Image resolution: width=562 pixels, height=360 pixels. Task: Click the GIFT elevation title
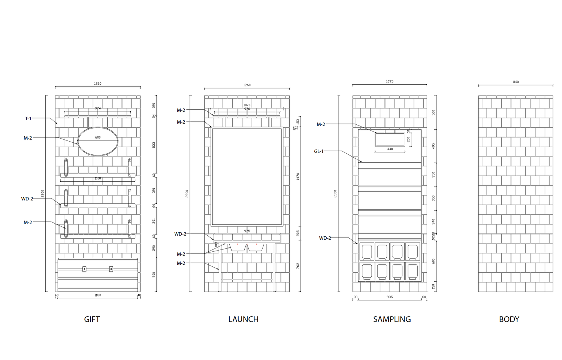[92, 319]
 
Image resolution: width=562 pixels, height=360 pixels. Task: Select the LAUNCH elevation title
[243, 319]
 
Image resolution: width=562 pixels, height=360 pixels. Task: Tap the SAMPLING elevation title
[392, 319]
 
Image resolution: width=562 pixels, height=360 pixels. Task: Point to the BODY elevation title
[509, 319]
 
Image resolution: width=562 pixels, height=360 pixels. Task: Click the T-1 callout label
[28, 118]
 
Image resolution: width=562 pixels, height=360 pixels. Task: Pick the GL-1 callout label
[318, 151]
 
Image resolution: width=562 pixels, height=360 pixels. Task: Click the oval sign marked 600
[98, 141]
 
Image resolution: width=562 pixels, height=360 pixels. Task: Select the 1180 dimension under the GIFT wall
[97, 295]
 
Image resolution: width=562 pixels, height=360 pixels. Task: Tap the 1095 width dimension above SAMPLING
[390, 81]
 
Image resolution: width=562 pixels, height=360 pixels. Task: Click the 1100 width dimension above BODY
[516, 82]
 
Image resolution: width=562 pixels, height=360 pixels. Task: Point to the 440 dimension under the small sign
[390, 149]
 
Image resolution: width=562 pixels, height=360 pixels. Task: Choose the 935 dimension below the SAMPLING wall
[390, 297]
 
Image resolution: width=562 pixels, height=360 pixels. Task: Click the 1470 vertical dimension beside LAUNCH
[298, 176]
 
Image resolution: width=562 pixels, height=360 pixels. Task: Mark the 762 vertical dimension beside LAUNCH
[298, 266]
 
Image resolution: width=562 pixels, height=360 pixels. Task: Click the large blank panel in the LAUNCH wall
[247, 177]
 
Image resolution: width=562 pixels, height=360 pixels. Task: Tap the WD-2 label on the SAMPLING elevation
[325, 238]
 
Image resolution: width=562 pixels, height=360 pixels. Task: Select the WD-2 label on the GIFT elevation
[27, 199]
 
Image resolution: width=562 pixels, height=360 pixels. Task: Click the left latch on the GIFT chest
[84, 269]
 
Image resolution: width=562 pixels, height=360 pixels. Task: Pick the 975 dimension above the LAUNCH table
[247, 231]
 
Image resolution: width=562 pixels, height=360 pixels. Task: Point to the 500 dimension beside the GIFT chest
[154, 275]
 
